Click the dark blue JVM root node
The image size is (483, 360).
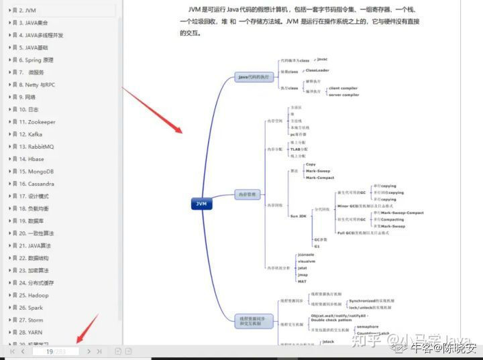(x=201, y=203)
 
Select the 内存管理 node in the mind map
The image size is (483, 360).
(x=248, y=195)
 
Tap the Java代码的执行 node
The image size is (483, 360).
(x=254, y=77)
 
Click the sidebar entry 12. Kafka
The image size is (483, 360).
(x=30, y=134)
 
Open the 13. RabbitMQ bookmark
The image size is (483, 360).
(x=36, y=147)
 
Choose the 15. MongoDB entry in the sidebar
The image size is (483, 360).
(x=36, y=172)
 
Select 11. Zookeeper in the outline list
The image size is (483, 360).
(x=37, y=122)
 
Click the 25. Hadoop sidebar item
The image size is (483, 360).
(x=34, y=295)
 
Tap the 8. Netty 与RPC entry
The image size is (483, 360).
(x=37, y=85)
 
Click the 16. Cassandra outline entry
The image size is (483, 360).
(x=36, y=184)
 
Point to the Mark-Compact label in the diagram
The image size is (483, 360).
(x=319, y=178)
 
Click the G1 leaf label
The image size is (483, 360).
(x=317, y=246)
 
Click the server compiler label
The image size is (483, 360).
(x=343, y=95)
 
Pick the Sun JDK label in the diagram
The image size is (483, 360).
(x=298, y=216)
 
